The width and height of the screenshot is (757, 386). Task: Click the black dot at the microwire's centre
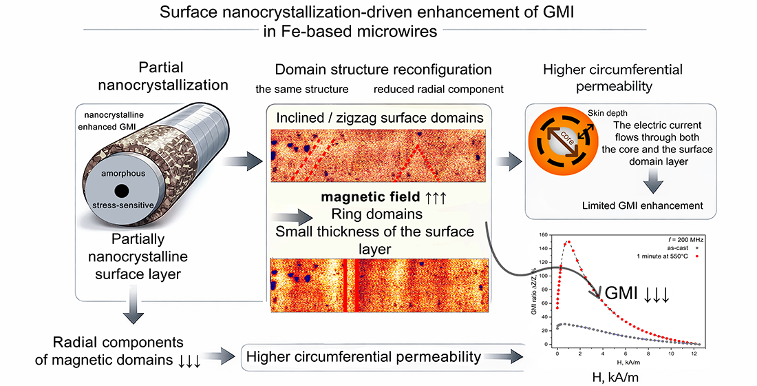(x=121, y=190)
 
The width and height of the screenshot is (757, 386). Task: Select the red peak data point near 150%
(x=568, y=243)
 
